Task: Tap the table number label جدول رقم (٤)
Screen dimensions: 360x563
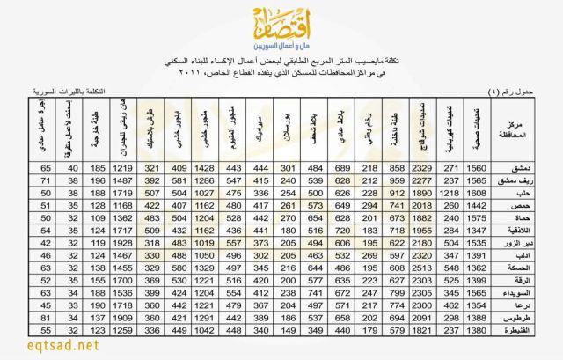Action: [x=510, y=91]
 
